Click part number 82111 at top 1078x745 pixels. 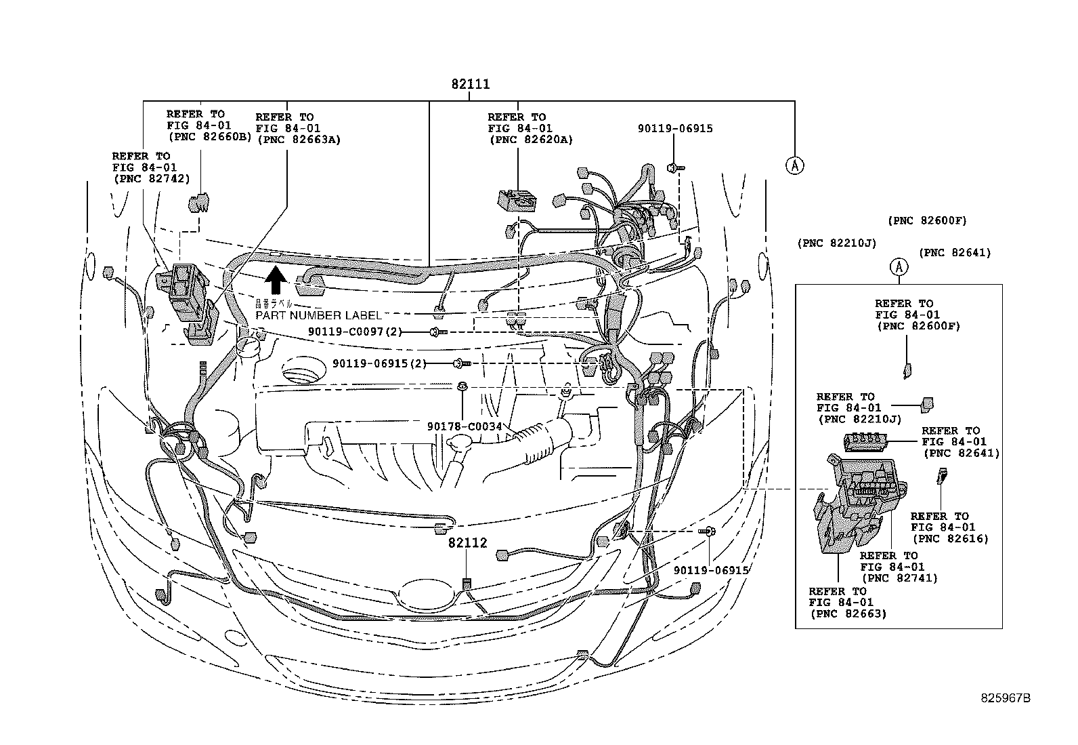(471, 85)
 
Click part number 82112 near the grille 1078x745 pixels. (467, 543)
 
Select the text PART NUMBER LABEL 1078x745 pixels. (318, 315)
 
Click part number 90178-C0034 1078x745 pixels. (464, 426)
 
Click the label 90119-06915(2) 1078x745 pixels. (379, 364)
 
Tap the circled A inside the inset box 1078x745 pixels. (898, 268)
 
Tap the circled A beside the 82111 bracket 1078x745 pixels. (795, 165)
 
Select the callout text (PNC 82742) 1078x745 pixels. (151, 178)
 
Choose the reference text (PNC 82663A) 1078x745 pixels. (298, 140)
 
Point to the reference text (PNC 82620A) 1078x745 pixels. (530, 140)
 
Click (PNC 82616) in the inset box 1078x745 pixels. (950, 539)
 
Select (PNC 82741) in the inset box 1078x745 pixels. (899, 578)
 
